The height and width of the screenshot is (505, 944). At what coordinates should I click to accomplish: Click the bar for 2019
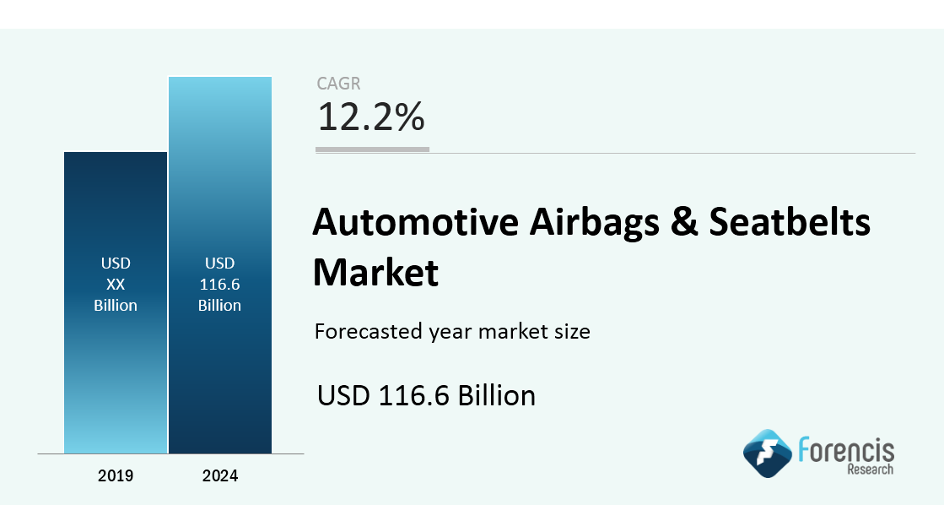[x=116, y=302]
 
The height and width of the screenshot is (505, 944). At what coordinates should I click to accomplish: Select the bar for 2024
[x=220, y=265]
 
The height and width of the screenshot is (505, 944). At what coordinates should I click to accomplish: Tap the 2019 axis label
[x=116, y=475]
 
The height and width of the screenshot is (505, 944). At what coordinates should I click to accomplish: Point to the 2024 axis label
[x=220, y=475]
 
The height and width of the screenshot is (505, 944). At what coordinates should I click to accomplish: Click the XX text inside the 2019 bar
[x=116, y=284]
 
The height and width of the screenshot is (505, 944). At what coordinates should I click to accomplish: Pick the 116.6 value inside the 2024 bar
[x=219, y=284]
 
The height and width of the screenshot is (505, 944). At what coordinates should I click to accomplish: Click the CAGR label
[x=338, y=83]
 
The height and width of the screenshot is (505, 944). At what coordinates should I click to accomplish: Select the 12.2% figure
[x=371, y=117]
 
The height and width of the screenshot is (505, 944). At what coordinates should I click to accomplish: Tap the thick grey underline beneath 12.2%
[x=373, y=149]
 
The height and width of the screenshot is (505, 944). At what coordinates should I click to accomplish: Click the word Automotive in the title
[x=415, y=221]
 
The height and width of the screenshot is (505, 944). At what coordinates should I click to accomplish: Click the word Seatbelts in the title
[x=790, y=221]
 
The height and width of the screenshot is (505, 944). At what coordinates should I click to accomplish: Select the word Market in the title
[x=375, y=272]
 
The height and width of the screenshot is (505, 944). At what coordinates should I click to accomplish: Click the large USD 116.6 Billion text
[x=426, y=395]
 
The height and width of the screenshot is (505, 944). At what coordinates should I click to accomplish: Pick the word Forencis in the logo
[x=846, y=450]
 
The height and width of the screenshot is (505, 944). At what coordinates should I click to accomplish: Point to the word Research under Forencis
[x=871, y=469]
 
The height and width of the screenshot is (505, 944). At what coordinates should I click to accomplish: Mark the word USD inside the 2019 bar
[x=116, y=263]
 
